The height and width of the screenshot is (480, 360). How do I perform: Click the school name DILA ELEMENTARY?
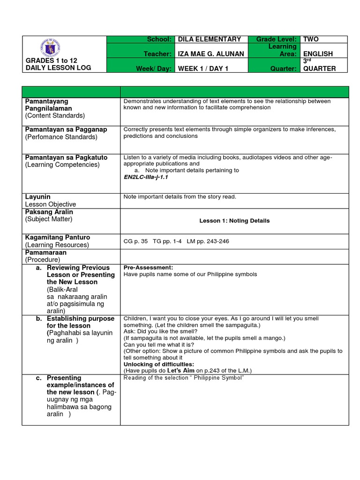click(x=210, y=39)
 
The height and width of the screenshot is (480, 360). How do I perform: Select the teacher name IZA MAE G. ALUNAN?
click(x=211, y=54)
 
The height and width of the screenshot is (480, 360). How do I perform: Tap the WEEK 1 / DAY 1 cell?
click(x=201, y=68)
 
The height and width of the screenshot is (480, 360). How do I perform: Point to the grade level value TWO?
click(x=311, y=39)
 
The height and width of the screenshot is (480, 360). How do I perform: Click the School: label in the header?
click(x=158, y=39)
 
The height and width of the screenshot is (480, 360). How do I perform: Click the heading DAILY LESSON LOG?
click(x=59, y=68)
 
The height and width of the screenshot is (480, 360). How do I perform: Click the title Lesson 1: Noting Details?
click(x=234, y=220)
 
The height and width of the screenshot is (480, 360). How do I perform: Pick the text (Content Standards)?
click(x=55, y=115)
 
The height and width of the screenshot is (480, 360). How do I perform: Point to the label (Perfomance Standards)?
click(x=61, y=137)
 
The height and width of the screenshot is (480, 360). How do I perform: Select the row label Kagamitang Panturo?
click(x=58, y=238)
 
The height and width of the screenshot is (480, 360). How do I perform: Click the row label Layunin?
click(x=38, y=197)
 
